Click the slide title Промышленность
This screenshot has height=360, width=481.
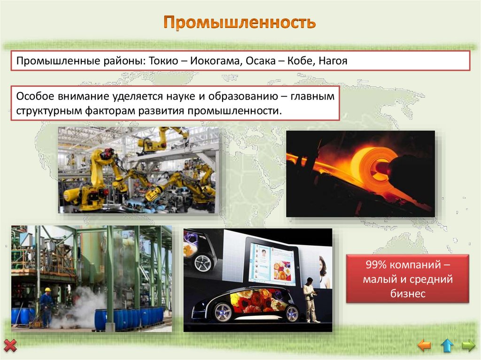tap(240, 23)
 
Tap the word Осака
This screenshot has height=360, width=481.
tap(254, 61)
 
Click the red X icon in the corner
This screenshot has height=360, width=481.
tap(10, 346)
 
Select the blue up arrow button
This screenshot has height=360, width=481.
tap(447, 346)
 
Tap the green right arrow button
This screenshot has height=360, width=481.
tap(468, 346)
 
